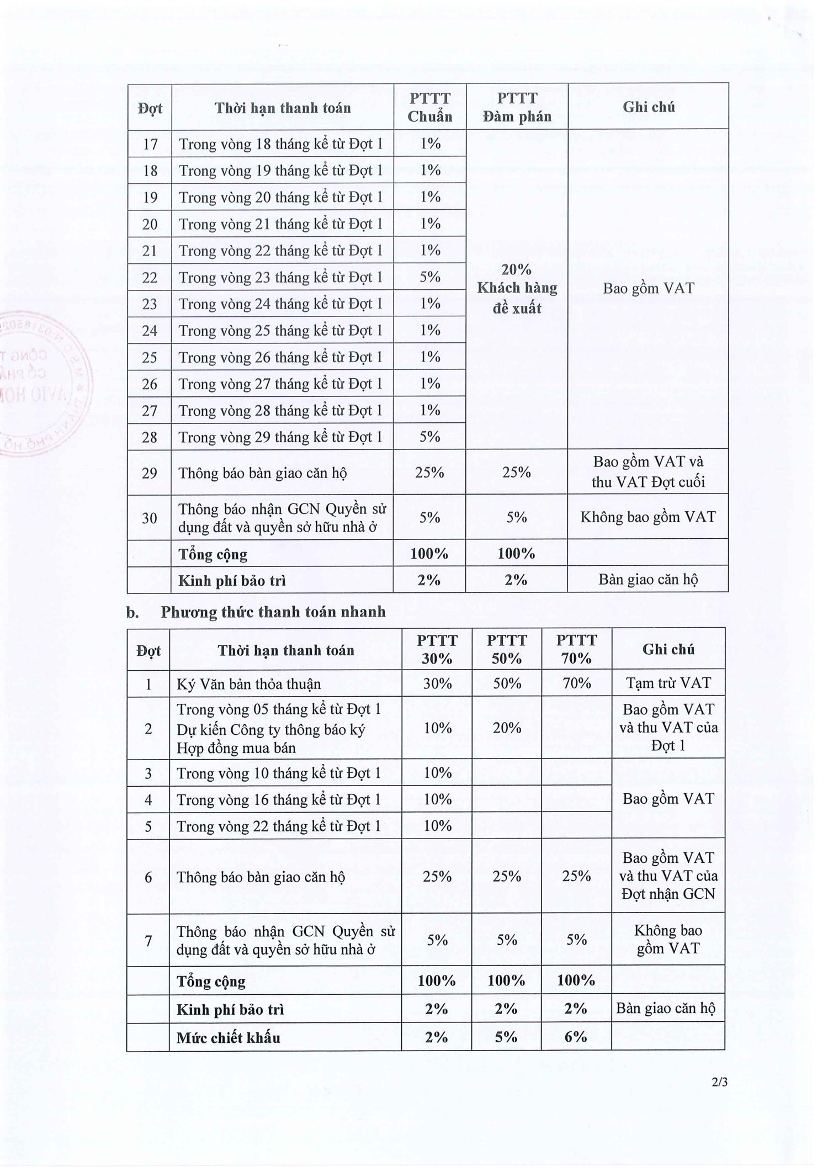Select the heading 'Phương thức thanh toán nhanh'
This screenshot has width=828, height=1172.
(x=273, y=612)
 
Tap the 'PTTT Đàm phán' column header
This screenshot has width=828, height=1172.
(x=517, y=107)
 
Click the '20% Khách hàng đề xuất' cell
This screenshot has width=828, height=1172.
(x=517, y=289)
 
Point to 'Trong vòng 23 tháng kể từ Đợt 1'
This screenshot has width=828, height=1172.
(x=280, y=277)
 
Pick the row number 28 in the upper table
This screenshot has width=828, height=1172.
(x=150, y=437)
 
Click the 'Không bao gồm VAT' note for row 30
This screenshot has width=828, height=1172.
(x=647, y=517)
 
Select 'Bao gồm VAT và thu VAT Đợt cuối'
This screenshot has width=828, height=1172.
(x=647, y=472)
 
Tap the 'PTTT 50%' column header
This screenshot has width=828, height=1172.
(x=507, y=649)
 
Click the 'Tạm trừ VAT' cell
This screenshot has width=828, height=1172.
(x=668, y=683)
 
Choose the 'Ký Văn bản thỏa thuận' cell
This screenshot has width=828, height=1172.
(x=248, y=685)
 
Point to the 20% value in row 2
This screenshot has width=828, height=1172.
(x=507, y=728)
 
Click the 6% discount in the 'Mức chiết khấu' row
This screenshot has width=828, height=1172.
(x=576, y=1037)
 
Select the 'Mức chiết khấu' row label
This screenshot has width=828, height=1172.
(x=228, y=1038)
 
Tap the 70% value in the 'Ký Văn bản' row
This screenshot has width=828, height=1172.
(x=576, y=683)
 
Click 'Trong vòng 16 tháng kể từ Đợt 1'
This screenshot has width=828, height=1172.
(x=279, y=800)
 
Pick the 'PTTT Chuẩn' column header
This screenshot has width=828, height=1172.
(x=429, y=107)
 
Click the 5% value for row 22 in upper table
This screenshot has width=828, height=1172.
(x=429, y=277)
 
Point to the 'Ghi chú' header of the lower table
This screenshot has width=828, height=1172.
(x=668, y=649)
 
